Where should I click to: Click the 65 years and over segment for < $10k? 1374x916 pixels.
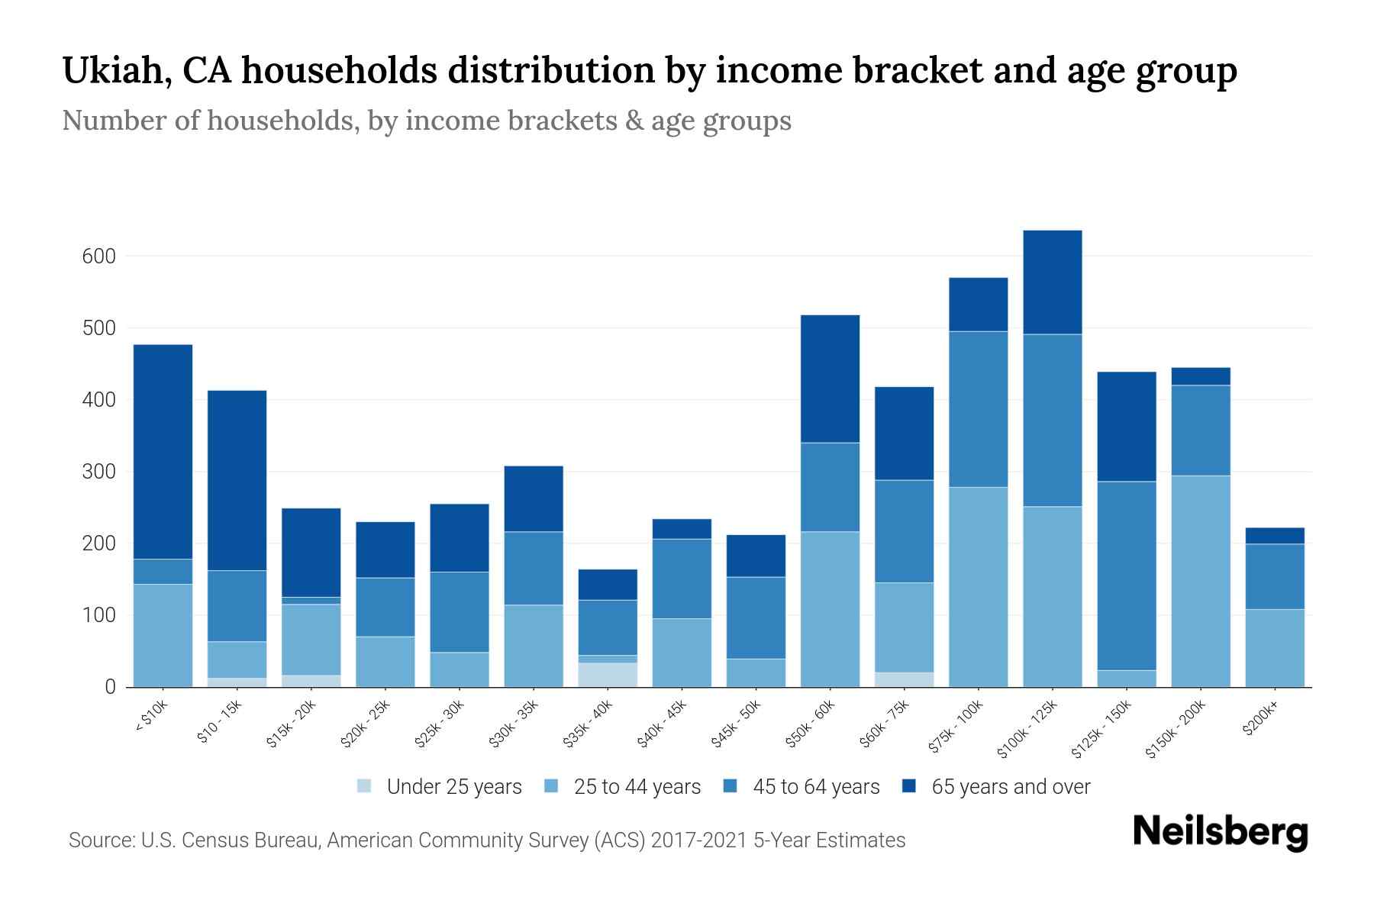tap(163, 452)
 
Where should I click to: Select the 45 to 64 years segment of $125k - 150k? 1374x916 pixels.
tap(1127, 576)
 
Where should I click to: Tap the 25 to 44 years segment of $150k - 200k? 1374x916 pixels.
tap(1201, 581)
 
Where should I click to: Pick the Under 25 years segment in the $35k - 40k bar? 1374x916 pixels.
tap(608, 675)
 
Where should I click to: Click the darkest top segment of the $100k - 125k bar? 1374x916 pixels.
tap(1053, 282)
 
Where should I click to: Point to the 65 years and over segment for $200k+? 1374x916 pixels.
tap(1275, 536)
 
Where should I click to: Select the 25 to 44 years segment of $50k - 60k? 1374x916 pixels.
tap(830, 609)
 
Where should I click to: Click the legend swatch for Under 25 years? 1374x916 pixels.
tap(365, 786)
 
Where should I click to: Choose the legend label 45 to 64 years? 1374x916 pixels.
tap(816, 787)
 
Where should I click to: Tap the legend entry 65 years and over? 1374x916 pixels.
tap(1011, 787)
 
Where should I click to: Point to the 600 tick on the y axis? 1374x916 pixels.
tap(98, 256)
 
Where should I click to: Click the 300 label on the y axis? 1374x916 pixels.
tap(98, 472)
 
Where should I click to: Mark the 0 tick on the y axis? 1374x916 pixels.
tap(110, 687)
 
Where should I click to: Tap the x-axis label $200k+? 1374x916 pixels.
tap(1261, 720)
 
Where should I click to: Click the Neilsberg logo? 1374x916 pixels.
tap(1220, 832)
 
